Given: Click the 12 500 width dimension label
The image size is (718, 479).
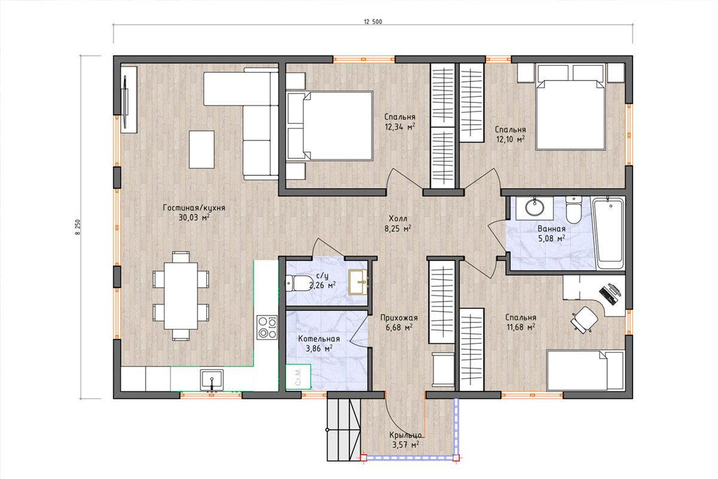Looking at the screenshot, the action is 373,22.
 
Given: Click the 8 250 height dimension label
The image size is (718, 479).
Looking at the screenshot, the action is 78,228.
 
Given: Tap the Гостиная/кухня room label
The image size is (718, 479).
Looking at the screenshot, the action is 194,208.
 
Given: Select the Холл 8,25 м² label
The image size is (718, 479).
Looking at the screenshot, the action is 398,223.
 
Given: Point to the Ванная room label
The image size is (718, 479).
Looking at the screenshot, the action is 551,229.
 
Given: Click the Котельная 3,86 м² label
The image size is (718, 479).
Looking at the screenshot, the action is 319,344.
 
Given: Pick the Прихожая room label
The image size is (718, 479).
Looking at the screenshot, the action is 399,317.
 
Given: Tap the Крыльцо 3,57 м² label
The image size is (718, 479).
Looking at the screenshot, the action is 406,440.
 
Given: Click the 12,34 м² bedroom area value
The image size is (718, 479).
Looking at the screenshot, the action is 400,127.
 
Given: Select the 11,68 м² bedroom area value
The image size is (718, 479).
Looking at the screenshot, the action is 521,328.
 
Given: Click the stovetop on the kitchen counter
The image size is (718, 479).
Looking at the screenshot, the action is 267,328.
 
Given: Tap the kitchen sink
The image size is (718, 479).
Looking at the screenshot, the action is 212,380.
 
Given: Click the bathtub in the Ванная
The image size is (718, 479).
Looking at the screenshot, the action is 608,233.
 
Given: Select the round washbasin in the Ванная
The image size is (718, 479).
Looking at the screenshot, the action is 534,207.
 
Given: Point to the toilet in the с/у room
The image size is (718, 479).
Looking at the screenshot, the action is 297,283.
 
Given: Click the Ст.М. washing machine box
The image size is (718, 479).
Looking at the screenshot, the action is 298,377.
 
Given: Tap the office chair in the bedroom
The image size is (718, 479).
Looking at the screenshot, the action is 584,320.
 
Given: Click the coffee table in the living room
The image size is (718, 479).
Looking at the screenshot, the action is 202,150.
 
